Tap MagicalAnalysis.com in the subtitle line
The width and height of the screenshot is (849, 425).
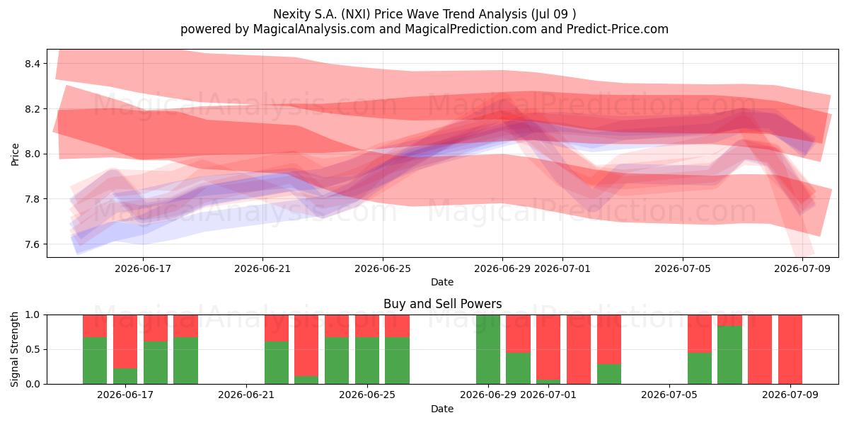pyautogui.click(x=314, y=29)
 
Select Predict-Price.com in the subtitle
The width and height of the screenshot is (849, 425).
pyautogui.click(x=618, y=29)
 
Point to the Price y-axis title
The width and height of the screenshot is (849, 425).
pyautogui.click(x=15, y=154)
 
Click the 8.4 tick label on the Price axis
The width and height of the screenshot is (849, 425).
pyautogui.click(x=33, y=64)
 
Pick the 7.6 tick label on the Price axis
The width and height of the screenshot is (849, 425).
pyautogui.click(x=33, y=244)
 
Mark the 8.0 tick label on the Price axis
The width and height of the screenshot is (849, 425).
pyautogui.click(x=33, y=154)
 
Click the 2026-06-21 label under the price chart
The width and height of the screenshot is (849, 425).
pyautogui.click(x=262, y=268)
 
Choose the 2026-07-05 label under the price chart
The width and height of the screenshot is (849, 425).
pyautogui.click(x=683, y=268)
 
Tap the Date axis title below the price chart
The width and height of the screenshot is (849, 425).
pyautogui.click(x=442, y=282)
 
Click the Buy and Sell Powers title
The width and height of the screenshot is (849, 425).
pyautogui.click(x=442, y=304)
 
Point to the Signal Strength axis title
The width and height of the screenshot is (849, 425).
pyautogui.click(x=14, y=349)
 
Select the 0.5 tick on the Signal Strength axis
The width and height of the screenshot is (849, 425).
pyautogui.click(x=33, y=349)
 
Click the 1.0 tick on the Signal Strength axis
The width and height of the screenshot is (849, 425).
pyautogui.click(x=33, y=315)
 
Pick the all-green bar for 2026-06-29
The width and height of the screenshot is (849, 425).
pyautogui.click(x=488, y=349)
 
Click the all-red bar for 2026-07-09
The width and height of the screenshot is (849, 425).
pyautogui.click(x=790, y=349)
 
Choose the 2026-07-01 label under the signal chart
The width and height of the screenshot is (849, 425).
pyautogui.click(x=548, y=395)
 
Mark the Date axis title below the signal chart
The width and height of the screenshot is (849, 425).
pyautogui.click(x=442, y=409)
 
